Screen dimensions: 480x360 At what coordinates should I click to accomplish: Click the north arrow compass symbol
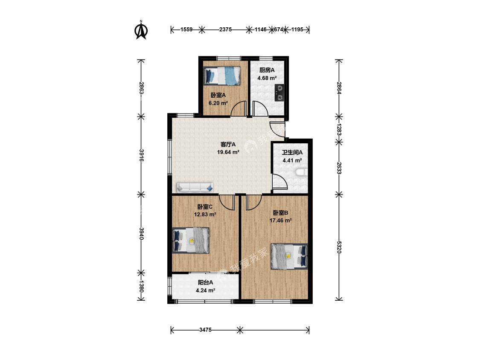(x=141, y=30)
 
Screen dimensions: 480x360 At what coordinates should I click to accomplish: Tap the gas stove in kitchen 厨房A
(x=279, y=93)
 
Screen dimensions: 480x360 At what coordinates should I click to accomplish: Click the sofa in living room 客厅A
(x=195, y=187)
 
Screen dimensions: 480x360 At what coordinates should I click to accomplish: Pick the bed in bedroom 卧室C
(x=191, y=240)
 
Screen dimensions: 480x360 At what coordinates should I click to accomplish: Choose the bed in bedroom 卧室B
(x=289, y=256)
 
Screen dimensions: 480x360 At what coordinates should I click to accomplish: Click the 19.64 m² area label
(x=228, y=152)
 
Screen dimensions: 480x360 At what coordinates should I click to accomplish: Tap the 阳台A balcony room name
(x=205, y=282)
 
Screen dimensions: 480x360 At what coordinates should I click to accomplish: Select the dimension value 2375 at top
(x=225, y=30)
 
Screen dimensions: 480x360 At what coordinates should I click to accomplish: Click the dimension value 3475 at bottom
(x=205, y=330)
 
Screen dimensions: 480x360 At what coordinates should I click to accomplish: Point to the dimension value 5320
(x=339, y=247)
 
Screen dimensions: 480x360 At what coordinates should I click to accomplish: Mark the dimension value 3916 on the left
(x=141, y=156)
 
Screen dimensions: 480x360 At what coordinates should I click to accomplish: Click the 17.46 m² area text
(x=280, y=221)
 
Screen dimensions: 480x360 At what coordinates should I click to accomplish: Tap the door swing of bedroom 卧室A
(x=239, y=108)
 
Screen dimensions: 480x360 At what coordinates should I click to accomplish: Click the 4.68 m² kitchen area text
(x=267, y=78)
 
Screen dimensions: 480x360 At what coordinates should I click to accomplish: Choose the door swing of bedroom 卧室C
(x=227, y=202)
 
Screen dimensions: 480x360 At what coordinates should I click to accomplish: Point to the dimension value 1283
(x=339, y=130)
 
